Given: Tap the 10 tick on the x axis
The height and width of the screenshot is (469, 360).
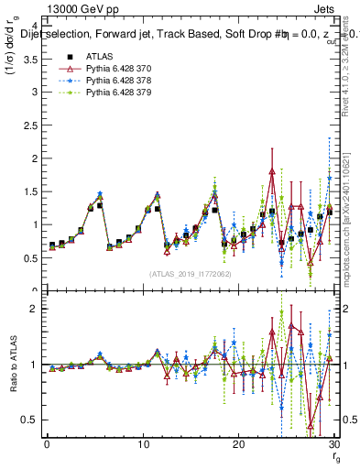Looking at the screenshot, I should [142, 443].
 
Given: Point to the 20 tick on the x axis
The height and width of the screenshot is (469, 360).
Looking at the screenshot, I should [238, 443].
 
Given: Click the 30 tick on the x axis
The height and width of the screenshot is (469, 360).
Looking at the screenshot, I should [333, 443].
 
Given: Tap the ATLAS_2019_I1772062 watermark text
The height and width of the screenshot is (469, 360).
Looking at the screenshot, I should [191, 274].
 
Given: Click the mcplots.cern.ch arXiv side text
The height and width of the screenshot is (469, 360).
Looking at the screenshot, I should [351, 211].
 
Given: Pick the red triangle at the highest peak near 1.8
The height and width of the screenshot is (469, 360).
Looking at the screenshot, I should [272, 170].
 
